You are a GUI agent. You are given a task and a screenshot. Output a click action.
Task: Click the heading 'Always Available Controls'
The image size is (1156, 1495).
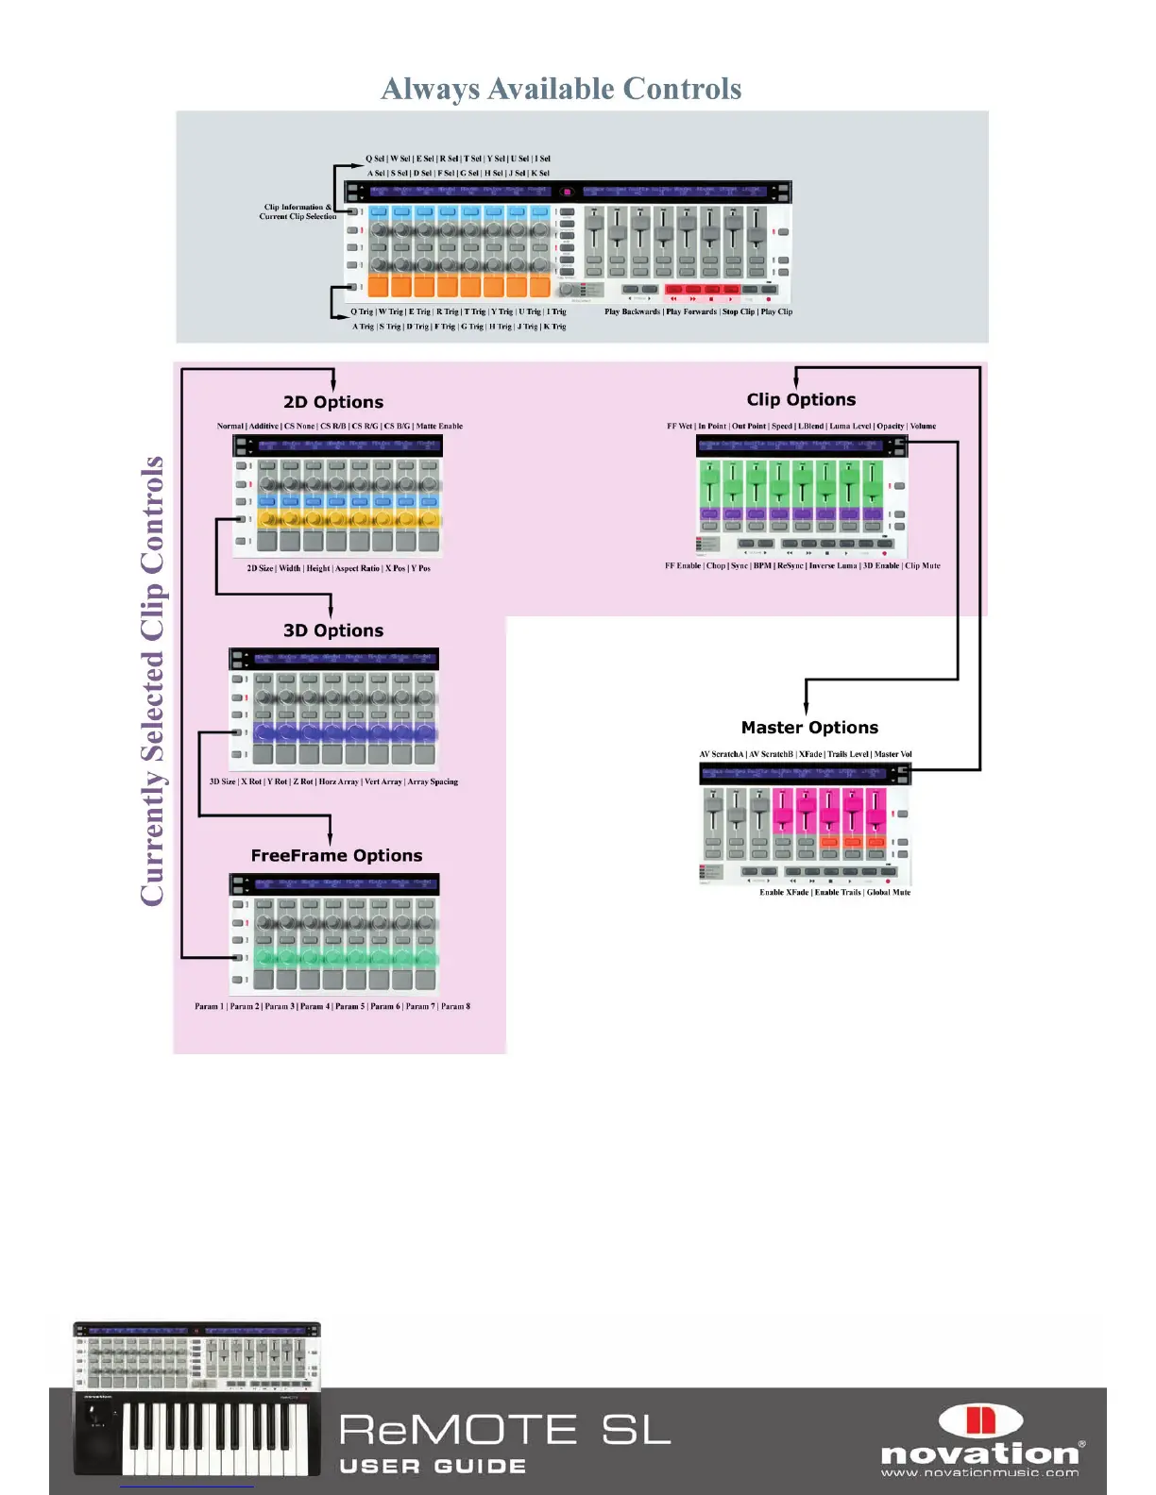pos(561,89)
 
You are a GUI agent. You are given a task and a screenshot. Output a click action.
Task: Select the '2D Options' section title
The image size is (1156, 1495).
pos(333,402)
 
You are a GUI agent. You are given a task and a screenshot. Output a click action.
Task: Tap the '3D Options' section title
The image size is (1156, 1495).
pos(333,630)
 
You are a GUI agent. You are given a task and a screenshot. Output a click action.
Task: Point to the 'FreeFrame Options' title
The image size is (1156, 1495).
pos(336,855)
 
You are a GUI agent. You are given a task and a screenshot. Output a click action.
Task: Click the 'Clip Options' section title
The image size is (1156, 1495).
pos(801,399)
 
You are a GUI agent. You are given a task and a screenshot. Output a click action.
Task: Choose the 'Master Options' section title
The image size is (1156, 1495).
pos(809,728)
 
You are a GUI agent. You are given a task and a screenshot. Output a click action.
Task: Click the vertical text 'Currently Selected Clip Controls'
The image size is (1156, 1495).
pos(153,680)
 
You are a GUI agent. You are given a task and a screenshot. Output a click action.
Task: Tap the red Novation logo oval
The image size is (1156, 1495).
pos(980,1420)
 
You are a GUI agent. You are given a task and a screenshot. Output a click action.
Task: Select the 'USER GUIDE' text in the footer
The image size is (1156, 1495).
pos(433,1466)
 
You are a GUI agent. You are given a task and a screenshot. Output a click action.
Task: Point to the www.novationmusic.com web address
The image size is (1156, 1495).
pos(979,1472)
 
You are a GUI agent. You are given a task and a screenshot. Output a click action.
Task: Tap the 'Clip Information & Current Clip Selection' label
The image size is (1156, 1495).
pos(297,211)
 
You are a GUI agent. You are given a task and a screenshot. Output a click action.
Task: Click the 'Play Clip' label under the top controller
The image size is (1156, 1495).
pos(776,311)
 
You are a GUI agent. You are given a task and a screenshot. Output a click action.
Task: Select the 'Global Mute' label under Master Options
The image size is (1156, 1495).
pos(889,892)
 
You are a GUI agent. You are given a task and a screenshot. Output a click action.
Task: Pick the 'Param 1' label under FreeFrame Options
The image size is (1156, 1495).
pos(209,1006)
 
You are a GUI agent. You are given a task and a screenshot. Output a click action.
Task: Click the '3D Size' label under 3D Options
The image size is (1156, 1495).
pos(222,781)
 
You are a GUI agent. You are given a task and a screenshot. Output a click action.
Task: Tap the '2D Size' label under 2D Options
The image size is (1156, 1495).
pos(260,568)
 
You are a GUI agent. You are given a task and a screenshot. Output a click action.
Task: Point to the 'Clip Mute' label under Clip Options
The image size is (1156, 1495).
pos(923,566)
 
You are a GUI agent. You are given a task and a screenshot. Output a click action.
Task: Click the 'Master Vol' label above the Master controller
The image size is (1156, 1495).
pos(892,754)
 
